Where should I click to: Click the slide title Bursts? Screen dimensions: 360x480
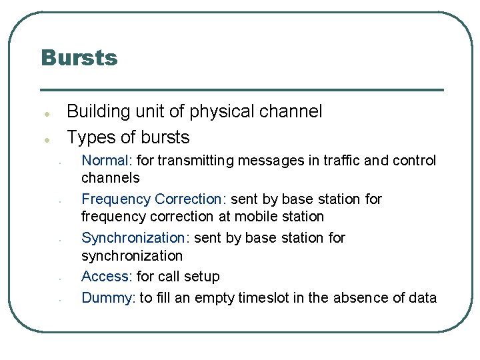click(x=79, y=57)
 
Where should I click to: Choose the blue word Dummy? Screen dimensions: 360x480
click(x=107, y=298)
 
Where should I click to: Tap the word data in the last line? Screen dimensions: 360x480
click(x=421, y=298)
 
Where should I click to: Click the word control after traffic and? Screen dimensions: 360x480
click(x=414, y=161)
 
